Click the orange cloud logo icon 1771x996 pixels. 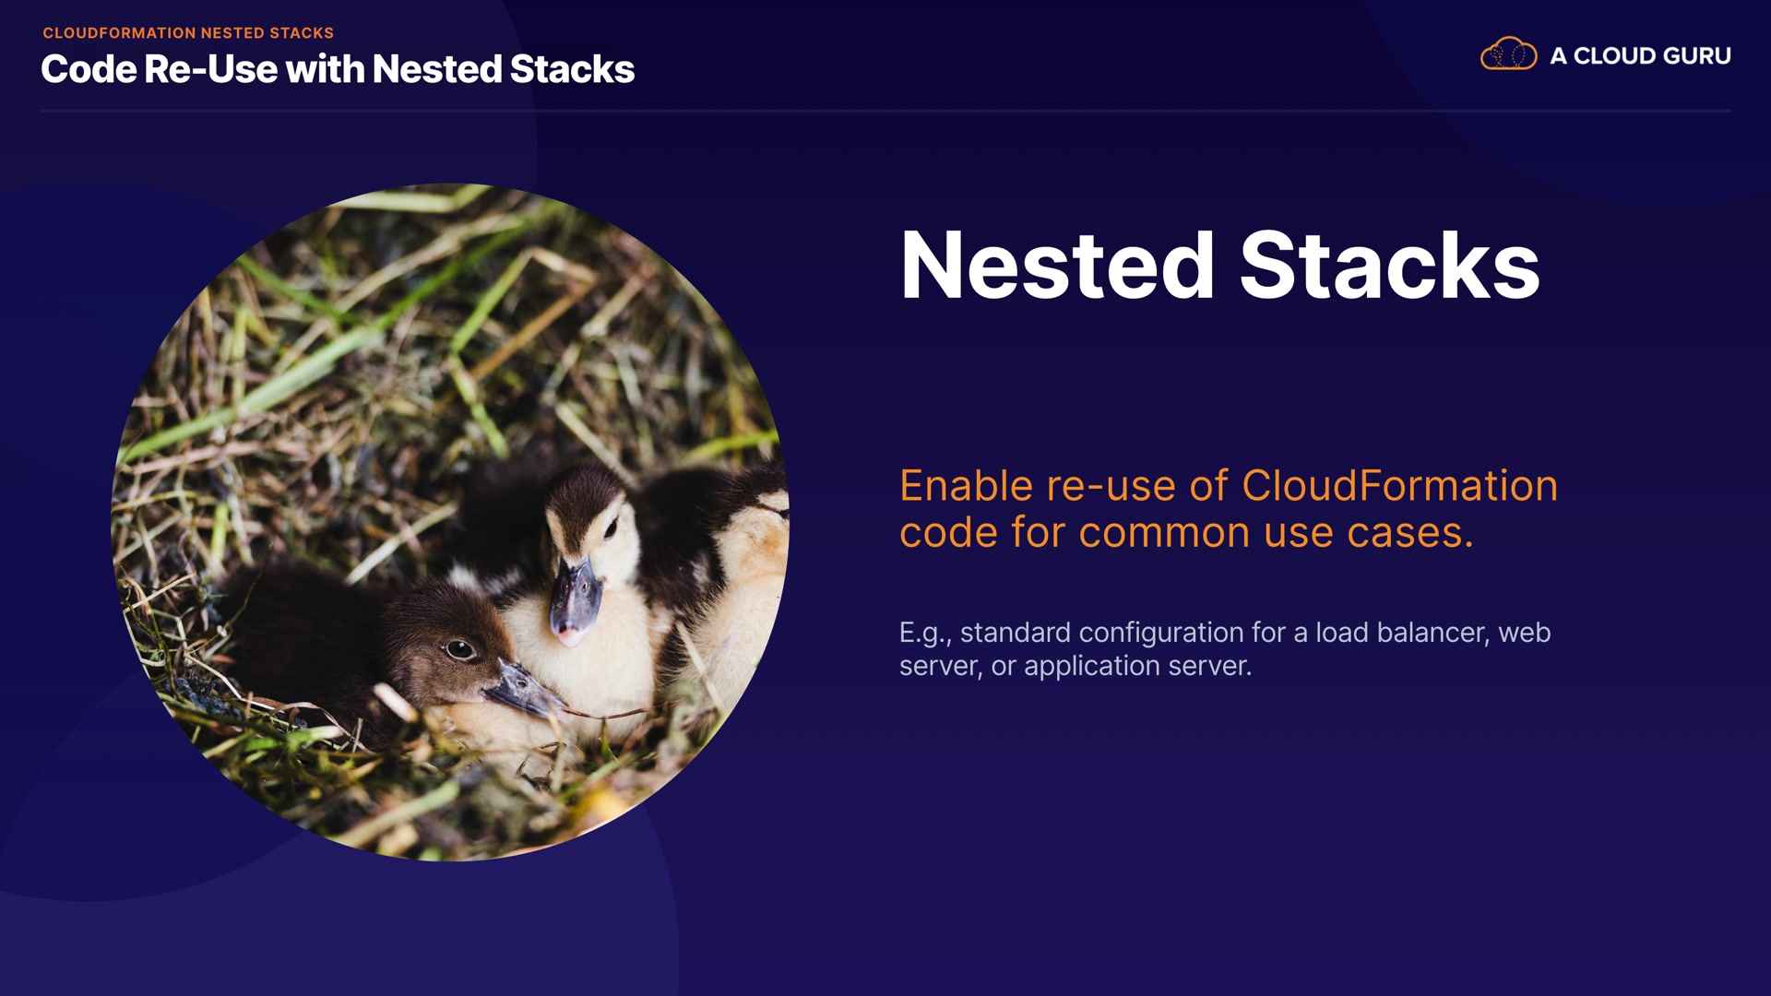point(1508,54)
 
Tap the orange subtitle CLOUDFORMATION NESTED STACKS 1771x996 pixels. point(188,33)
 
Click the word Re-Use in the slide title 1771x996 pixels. point(210,69)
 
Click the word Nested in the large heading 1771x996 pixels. point(1057,266)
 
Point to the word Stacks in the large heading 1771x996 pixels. point(1390,266)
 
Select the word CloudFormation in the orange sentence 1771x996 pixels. point(1400,486)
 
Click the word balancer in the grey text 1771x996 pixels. point(1432,633)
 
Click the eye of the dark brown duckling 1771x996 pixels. point(459,649)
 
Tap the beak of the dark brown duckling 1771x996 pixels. point(523,690)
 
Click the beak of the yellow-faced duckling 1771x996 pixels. point(576,599)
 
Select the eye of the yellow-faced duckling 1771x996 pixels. point(610,528)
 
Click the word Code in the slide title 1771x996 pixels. point(89,69)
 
